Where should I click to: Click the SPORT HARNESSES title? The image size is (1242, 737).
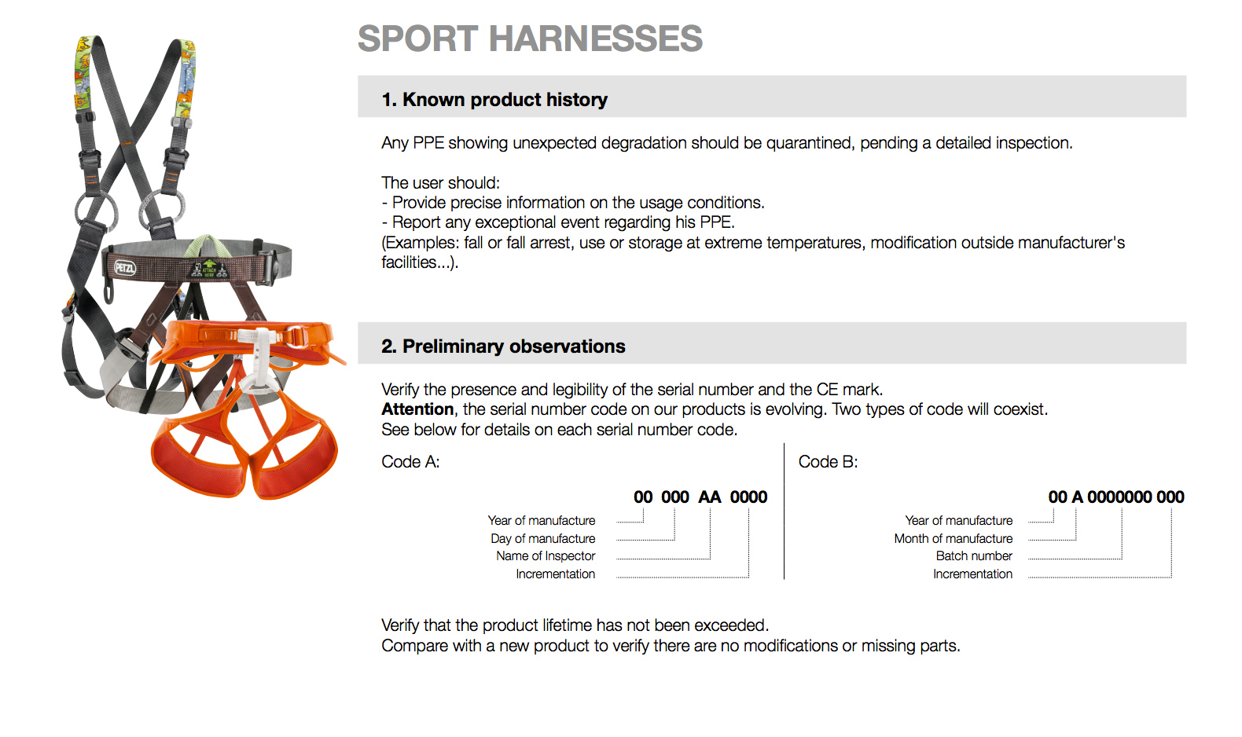click(530, 38)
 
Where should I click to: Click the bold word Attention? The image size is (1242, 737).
click(417, 409)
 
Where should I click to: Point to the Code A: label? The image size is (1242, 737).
click(410, 461)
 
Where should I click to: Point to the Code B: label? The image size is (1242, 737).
click(828, 461)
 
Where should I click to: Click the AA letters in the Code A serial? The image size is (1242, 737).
click(710, 497)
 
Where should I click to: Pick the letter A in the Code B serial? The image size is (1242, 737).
click(1078, 497)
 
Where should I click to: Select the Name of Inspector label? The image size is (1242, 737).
click(546, 555)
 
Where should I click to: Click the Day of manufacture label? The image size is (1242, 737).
click(543, 539)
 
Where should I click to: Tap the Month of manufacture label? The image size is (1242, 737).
click(954, 539)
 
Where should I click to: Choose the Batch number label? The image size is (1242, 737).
click(974, 555)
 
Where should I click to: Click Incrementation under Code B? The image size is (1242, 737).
click(972, 574)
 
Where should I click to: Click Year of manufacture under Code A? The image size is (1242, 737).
click(541, 521)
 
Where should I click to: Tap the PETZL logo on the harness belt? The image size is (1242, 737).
click(125, 268)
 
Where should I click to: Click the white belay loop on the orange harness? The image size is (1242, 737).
click(259, 360)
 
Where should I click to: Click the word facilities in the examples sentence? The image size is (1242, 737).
click(410, 262)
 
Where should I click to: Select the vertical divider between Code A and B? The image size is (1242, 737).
click(784, 511)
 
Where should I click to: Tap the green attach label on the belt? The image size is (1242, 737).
click(209, 269)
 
